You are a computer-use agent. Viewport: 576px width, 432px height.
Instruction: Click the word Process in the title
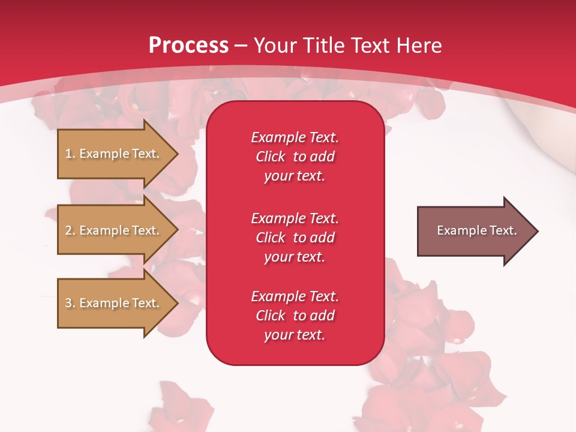tap(188, 45)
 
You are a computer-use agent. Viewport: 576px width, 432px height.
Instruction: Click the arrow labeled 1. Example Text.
tap(118, 154)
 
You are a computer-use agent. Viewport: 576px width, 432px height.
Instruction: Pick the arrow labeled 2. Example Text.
tap(118, 230)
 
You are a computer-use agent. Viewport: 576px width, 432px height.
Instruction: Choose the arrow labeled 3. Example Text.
tap(118, 303)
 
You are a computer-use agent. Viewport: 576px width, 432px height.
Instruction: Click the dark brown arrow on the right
tap(478, 231)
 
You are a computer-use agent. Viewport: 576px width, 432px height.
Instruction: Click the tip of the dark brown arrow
tap(539, 231)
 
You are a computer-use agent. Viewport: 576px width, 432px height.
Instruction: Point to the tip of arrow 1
tap(179, 154)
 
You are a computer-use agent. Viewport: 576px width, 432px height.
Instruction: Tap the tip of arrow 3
tap(179, 304)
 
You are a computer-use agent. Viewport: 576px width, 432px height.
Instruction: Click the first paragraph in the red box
tap(295, 157)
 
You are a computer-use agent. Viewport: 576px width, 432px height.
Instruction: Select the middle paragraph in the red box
tap(295, 238)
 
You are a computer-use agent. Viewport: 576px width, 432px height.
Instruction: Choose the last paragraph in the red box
tap(295, 316)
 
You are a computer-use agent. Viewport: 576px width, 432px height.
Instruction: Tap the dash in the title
tap(241, 47)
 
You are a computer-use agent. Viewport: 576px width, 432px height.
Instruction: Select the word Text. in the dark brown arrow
tap(503, 230)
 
